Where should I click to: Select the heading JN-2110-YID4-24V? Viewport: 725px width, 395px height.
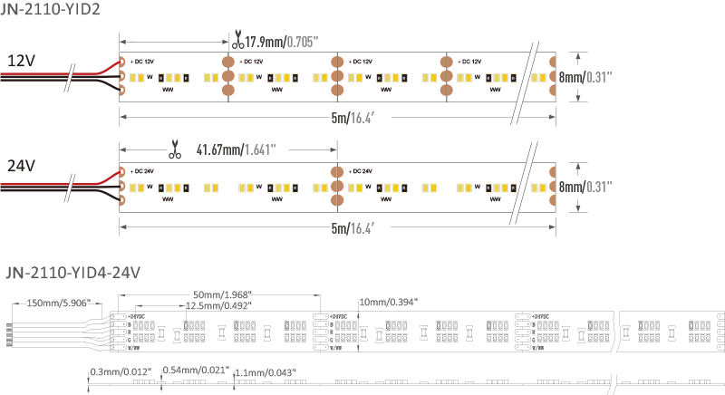click(72, 271)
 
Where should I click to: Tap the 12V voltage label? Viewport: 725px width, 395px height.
click(22, 61)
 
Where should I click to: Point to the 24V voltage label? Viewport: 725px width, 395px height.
click(22, 167)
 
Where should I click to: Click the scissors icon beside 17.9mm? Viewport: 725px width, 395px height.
click(237, 41)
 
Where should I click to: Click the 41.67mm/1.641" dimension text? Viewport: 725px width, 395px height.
click(236, 149)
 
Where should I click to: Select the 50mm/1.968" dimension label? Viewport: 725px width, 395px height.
click(222, 295)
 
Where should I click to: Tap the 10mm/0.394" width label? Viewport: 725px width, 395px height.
click(389, 302)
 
